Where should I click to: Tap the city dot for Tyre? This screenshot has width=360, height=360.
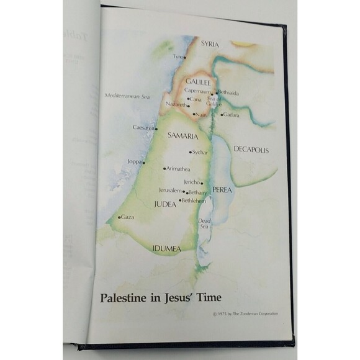pos(184,58)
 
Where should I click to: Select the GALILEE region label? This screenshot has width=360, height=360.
pos(198,81)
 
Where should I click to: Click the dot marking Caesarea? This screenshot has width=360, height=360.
pos(156,128)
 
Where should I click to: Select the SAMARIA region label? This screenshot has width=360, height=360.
pos(183,135)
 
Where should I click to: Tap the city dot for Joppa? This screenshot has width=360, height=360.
pos(144,162)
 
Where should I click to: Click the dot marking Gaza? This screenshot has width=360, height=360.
pos(119,217)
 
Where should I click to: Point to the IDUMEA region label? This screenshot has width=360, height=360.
pos(167,249)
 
